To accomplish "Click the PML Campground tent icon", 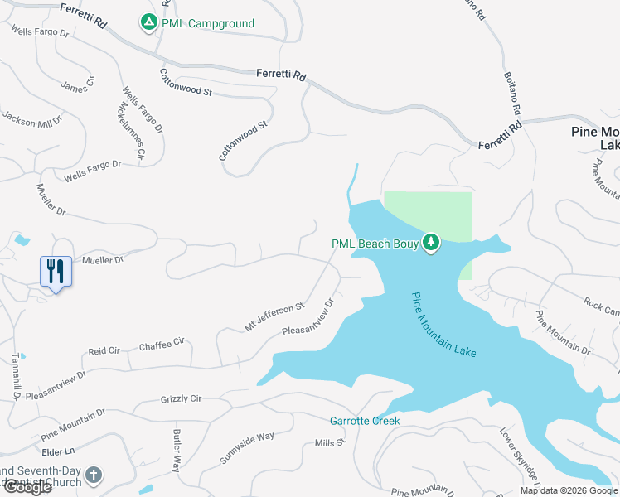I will (148, 22).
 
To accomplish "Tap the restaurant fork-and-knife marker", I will (56, 270).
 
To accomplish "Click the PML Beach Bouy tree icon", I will (430, 243).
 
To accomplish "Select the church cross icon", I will (94, 475).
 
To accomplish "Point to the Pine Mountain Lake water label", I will (443, 325).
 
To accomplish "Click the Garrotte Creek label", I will (365, 421).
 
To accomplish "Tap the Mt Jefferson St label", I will (274, 319).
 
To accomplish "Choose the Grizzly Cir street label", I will (181, 399).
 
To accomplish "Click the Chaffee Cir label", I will (162, 344).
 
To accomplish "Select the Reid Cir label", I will (104, 351).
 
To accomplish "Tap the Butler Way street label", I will (177, 451).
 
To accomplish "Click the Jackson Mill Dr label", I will (32, 121).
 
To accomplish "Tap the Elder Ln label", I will (58, 451).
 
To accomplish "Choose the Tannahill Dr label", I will (15, 378).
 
